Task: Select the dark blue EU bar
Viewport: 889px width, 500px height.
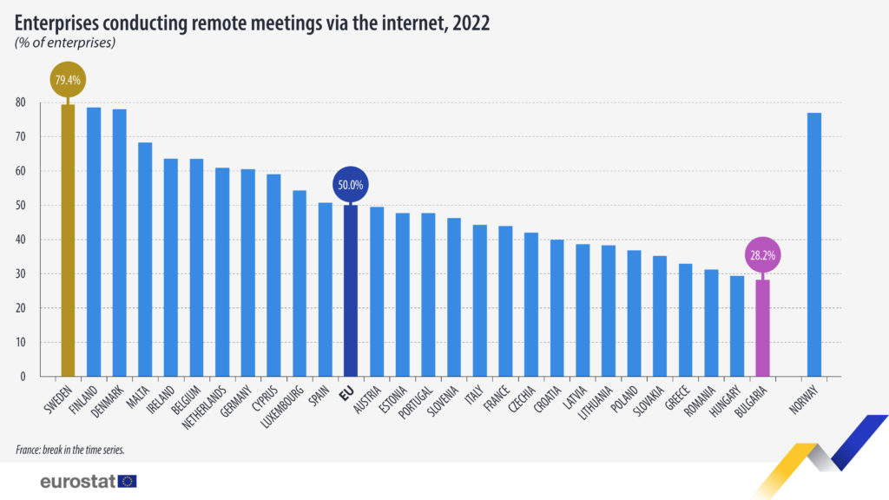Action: pos(351,291)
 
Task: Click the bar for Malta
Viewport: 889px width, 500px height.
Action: pos(145,260)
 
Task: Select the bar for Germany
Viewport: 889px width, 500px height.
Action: pos(247,273)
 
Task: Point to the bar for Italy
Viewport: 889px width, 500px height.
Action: pos(479,300)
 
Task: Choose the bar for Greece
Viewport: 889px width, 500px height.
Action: pos(685,320)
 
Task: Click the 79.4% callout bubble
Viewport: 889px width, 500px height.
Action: pos(67,80)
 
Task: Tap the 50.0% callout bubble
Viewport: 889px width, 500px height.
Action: pos(351,184)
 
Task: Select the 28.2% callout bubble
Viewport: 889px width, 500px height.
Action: pos(762,255)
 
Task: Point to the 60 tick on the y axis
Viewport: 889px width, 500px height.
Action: pos(20,171)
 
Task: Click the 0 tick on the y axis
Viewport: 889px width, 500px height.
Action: pos(23,377)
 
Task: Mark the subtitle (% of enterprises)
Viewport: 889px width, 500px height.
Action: pos(65,42)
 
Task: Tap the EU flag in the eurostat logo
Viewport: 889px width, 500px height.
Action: pos(128,480)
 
